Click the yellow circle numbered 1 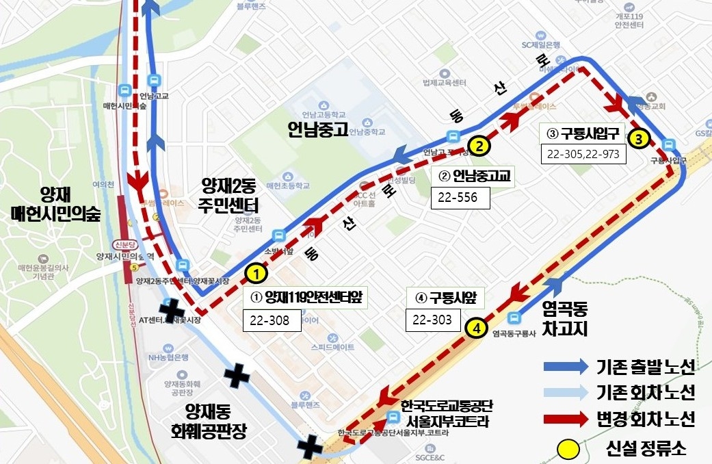[x=256, y=274]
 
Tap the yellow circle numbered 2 [x=480, y=145]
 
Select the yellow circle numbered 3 [x=638, y=138]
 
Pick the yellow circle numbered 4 [x=476, y=328]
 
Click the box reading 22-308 [x=272, y=320]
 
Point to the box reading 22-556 [x=460, y=198]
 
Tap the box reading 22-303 [x=433, y=320]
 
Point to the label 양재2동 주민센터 [x=229, y=194]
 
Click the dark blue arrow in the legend [x=565, y=367]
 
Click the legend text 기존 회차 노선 [x=645, y=393]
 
